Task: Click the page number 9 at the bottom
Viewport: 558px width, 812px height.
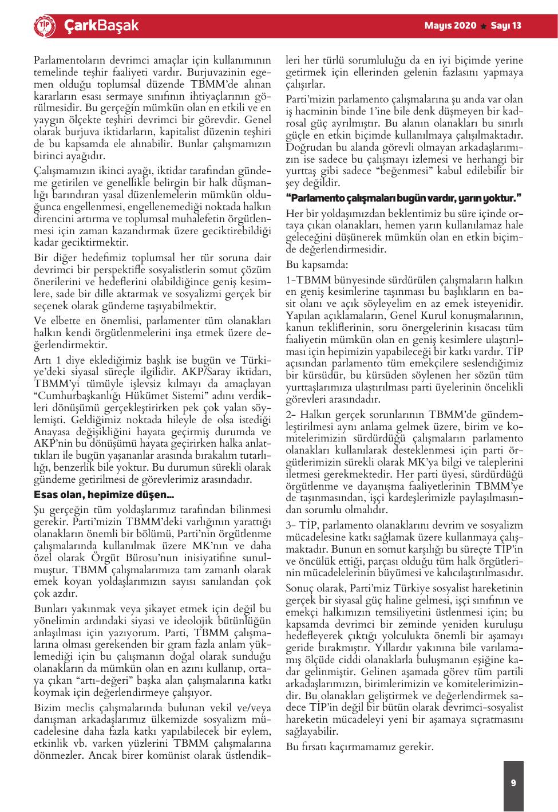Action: pos(513,783)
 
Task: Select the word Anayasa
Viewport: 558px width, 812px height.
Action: pos(51,431)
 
